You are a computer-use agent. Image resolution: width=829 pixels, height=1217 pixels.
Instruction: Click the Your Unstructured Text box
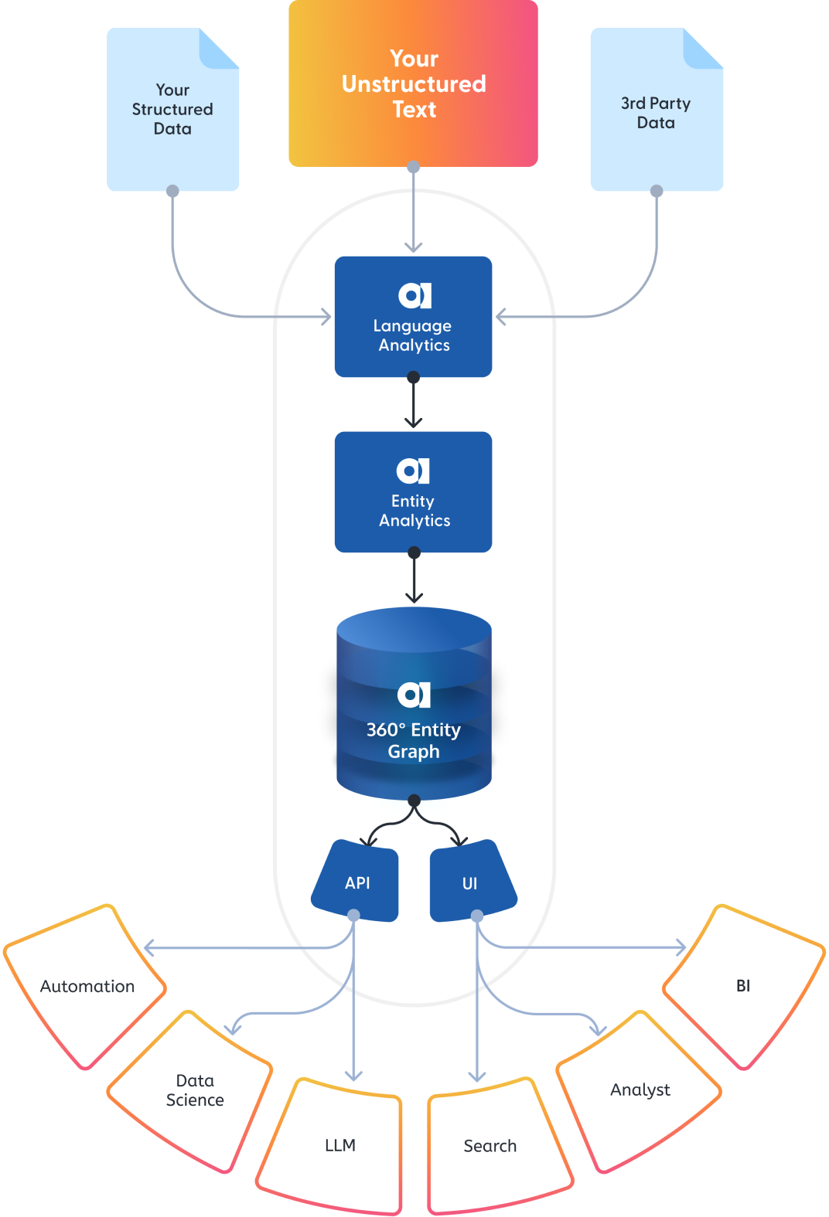click(413, 83)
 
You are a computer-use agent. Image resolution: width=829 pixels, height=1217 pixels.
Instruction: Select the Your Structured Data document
click(172, 110)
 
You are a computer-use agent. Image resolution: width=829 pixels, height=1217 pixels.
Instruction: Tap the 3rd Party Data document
click(656, 113)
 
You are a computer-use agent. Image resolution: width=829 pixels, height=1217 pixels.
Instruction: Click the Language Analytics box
click(413, 317)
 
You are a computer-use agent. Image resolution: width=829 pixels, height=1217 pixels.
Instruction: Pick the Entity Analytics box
click(413, 492)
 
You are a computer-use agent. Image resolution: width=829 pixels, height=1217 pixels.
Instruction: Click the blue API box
click(357, 882)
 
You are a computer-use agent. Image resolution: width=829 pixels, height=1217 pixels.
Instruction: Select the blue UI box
click(470, 882)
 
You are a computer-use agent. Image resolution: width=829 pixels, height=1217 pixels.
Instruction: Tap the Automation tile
click(87, 987)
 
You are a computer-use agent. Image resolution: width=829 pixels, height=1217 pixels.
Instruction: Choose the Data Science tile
click(193, 1090)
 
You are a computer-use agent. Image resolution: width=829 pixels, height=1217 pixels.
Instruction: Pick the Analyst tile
click(639, 1090)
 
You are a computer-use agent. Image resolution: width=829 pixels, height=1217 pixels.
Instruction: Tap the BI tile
click(742, 986)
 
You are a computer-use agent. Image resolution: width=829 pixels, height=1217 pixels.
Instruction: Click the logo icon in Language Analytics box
click(414, 295)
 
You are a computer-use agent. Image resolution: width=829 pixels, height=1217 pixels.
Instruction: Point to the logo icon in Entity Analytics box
click(413, 471)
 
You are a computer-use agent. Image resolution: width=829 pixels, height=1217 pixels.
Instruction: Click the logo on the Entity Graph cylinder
click(414, 695)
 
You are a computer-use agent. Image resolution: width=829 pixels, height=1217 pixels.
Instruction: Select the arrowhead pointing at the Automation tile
click(149, 947)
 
